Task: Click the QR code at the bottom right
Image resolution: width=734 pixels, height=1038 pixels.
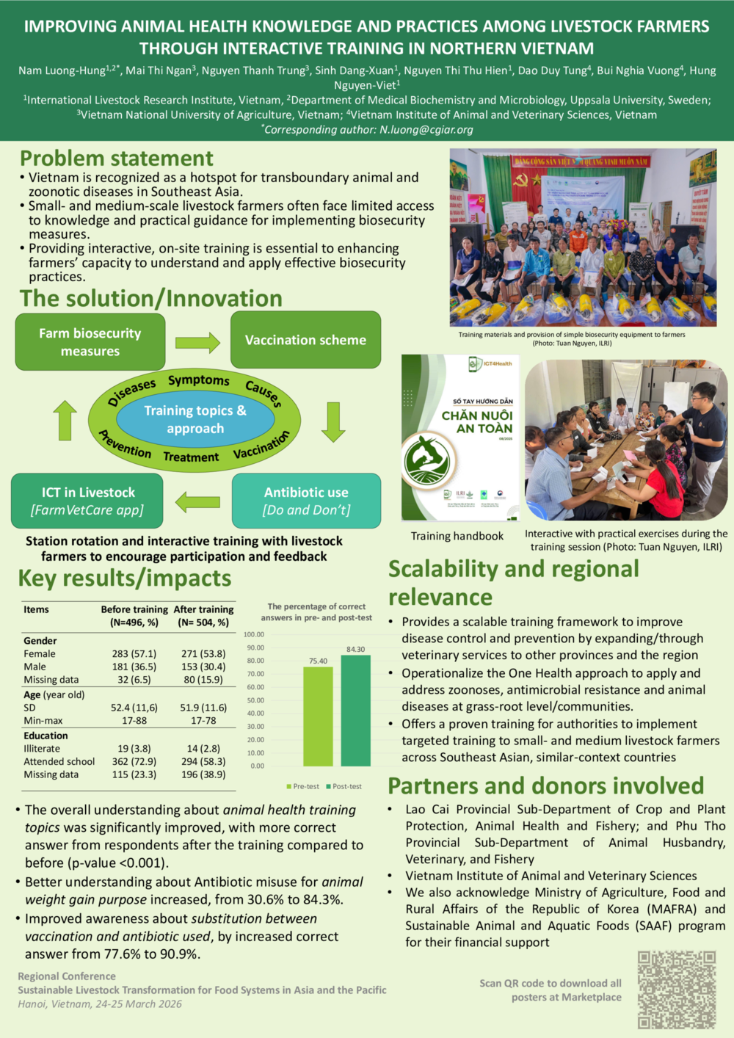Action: tap(676, 989)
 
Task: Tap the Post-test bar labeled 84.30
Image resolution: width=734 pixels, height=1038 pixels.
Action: tap(356, 710)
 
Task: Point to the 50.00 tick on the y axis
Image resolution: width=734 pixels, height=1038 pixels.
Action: tap(255, 700)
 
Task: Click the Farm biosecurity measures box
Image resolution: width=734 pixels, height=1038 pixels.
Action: tap(90, 342)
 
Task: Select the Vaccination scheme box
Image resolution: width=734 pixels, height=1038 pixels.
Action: tap(305, 340)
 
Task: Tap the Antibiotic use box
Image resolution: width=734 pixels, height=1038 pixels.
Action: tap(306, 501)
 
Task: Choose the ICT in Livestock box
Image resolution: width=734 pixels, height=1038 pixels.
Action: tap(87, 501)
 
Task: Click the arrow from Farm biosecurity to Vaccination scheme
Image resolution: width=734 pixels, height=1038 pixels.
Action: tap(197, 342)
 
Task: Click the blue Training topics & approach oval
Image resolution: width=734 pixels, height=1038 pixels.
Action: tap(195, 419)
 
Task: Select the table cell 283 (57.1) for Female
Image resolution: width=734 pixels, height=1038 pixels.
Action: tap(134, 653)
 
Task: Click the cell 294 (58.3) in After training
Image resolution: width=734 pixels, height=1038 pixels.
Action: tap(203, 761)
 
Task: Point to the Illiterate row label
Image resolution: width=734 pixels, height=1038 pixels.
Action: tap(42, 748)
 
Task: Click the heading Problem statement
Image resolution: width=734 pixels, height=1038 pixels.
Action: tap(117, 159)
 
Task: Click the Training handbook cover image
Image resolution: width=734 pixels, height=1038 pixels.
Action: tap(460, 438)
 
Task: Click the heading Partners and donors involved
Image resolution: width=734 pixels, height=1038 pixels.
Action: tap(545, 785)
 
